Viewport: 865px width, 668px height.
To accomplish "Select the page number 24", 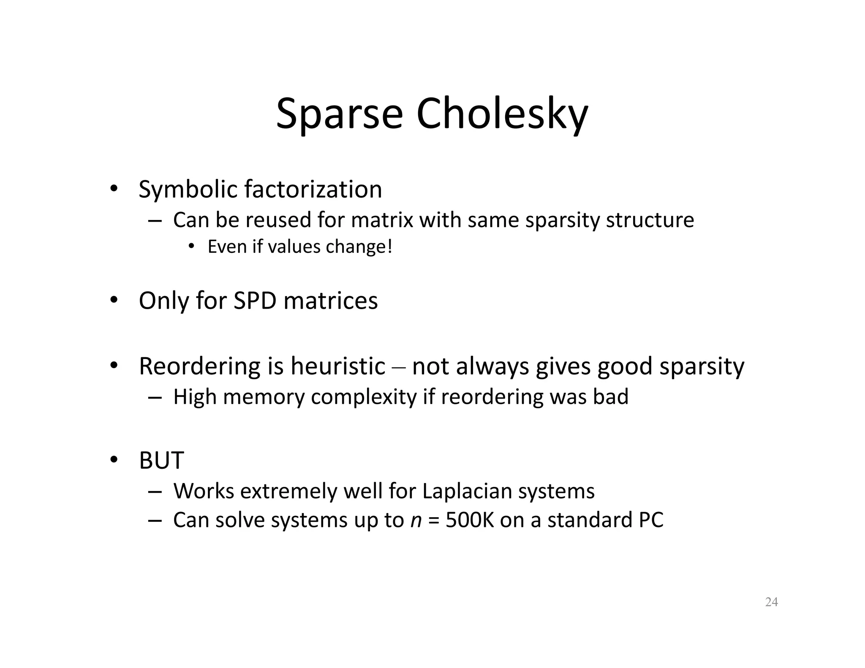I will click(771, 602).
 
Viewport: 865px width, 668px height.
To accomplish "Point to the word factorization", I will click(313, 189).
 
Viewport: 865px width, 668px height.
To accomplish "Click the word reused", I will click(278, 220).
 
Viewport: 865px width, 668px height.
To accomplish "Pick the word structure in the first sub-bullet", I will click(650, 220).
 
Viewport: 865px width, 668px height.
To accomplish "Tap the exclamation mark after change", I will click(389, 247).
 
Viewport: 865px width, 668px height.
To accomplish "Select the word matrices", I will click(330, 301).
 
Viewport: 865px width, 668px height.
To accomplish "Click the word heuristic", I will click(337, 366).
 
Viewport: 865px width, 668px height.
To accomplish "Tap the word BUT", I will click(161, 460).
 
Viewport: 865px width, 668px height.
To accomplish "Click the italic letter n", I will click(416, 520).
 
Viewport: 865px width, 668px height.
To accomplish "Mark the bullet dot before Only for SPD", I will click(113, 300).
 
